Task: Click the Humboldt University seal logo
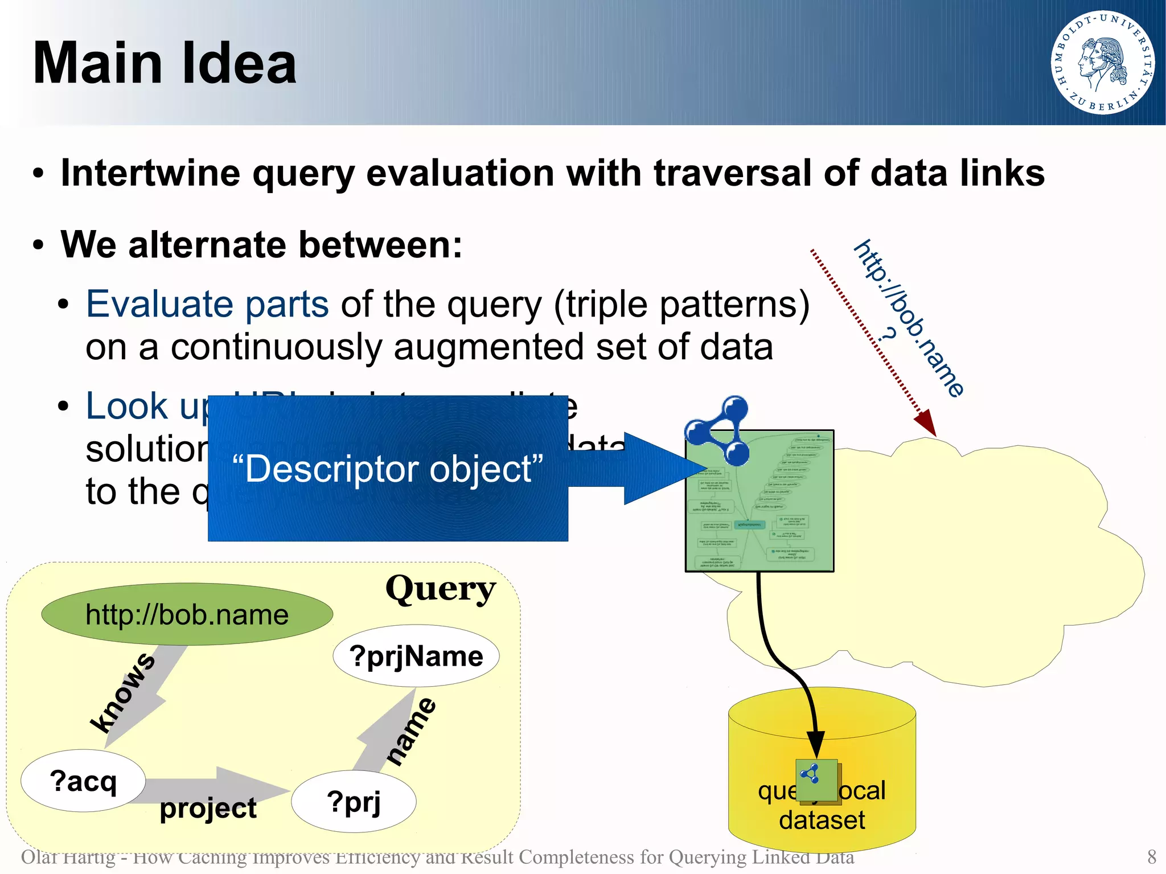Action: [1102, 62]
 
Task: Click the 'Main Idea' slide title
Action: [165, 63]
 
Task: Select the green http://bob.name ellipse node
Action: [187, 614]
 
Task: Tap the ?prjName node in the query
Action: [416, 656]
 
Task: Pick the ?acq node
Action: [83, 781]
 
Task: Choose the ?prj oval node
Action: [354, 802]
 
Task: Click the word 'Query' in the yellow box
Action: [440, 589]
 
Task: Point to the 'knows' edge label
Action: [122, 692]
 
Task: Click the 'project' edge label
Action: [208, 808]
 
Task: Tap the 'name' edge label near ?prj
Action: [411, 731]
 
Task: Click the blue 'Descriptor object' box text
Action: [388, 469]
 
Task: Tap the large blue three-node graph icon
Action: [719, 430]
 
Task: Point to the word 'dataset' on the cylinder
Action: [822, 820]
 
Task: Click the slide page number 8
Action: [1151, 856]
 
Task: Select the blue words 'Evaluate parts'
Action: [207, 304]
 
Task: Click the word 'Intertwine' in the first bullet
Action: [150, 173]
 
